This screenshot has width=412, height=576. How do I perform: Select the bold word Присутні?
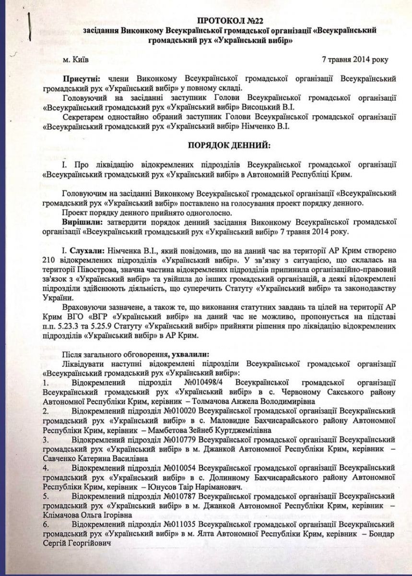(81, 78)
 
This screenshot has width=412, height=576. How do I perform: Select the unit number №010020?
(178, 411)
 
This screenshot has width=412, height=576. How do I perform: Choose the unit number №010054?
(178, 468)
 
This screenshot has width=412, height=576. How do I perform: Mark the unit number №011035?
(178, 525)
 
